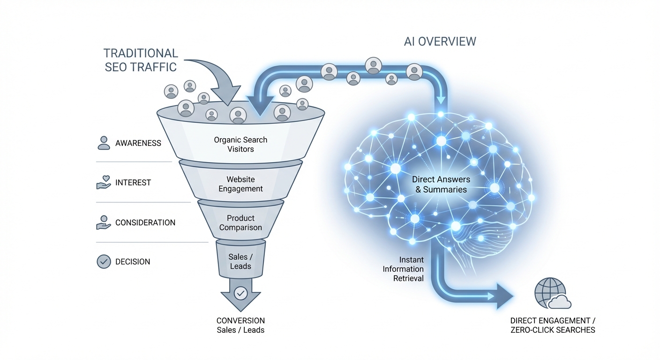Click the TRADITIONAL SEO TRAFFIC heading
141,60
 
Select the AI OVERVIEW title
440,41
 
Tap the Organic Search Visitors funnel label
240,144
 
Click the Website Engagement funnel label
240,184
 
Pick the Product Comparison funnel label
240,223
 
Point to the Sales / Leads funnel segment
240,261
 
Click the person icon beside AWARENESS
104,143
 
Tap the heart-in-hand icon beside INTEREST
104,182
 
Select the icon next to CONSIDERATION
104,222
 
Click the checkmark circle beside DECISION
104,262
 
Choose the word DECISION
133,262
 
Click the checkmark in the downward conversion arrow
240,293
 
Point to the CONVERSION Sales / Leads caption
240,325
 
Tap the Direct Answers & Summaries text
441,184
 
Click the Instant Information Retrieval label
403,269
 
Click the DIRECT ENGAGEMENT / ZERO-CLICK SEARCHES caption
553,325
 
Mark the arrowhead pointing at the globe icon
504,296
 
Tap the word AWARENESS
138,143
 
